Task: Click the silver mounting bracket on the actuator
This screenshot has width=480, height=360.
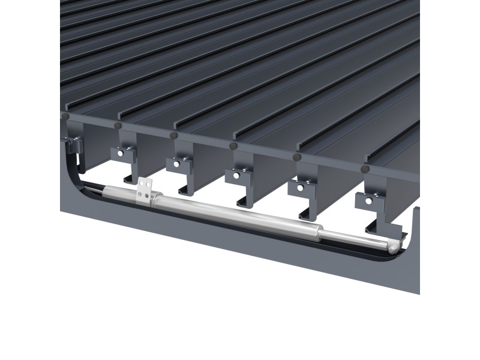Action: point(144,190)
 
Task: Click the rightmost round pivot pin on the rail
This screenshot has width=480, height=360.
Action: point(364,170)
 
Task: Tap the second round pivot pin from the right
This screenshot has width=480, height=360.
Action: point(296,157)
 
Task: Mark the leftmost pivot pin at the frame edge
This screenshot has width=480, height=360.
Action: point(65,115)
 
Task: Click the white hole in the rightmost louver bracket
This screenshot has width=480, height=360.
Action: point(368,201)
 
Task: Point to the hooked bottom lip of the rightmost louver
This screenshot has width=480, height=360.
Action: point(384,230)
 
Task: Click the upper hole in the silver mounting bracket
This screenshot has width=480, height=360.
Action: point(143,185)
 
